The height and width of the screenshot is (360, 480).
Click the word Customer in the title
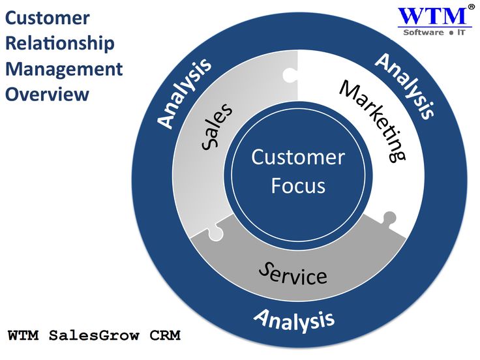(x=48, y=18)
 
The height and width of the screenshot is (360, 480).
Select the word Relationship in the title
(x=60, y=44)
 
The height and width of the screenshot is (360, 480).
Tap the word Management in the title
(x=64, y=69)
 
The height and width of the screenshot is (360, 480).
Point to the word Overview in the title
(x=47, y=94)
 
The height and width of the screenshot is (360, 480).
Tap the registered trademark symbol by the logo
(x=471, y=7)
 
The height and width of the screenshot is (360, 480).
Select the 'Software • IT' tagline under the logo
(x=432, y=32)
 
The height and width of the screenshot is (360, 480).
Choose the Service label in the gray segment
(x=292, y=275)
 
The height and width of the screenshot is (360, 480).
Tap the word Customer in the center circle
(x=298, y=157)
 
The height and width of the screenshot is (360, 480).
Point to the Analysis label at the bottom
(x=293, y=319)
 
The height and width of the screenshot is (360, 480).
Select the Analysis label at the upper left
(x=185, y=93)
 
